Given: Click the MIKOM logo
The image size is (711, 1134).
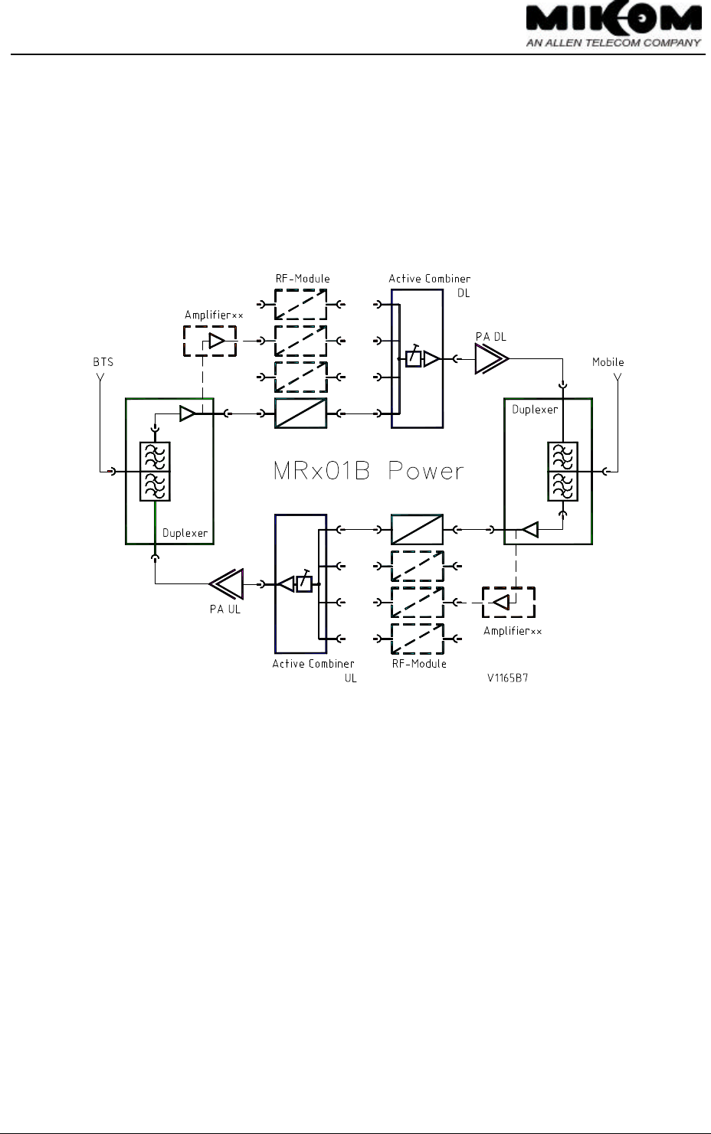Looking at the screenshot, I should pyautogui.click(x=613, y=20).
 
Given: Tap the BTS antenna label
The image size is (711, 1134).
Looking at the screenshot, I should pyautogui.click(x=103, y=362).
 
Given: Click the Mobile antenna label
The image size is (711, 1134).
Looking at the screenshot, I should pyautogui.click(x=608, y=362).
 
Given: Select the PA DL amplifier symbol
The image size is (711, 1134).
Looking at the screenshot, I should pyautogui.click(x=490, y=358).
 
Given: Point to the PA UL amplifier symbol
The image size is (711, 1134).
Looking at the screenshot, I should pyautogui.click(x=227, y=584).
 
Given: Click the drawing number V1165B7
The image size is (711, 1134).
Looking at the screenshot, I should pyautogui.click(x=508, y=678).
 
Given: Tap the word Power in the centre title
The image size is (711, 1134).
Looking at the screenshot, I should pyautogui.click(x=426, y=471).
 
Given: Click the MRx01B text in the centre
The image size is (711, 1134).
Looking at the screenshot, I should pyautogui.click(x=322, y=471).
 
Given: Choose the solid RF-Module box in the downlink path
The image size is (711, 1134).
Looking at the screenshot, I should pyautogui.click(x=300, y=413).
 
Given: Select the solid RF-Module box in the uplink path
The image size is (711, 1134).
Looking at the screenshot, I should pyautogui.click(x=417, y=529).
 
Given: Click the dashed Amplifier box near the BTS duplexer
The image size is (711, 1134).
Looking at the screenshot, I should pyautogui.click(x=210, y=341).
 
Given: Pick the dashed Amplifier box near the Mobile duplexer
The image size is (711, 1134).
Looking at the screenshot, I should pyautogui.click(x=508, y=602).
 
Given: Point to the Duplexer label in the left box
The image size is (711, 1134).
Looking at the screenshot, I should pyautogui.click(x=185, y=533).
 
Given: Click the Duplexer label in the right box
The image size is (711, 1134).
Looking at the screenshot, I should pyautogui.click(x=535, y=410).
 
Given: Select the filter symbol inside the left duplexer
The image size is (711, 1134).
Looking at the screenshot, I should pyautogui.click(x=155, y=472).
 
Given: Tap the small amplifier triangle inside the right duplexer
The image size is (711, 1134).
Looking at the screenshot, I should pyautogui.click(x=529, y=529).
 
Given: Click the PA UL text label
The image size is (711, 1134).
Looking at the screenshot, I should pyautogui.click(x=225, y=609).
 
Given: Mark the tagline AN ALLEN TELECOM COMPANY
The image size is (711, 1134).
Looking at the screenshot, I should pyautogui.click(x=613, y=43).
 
